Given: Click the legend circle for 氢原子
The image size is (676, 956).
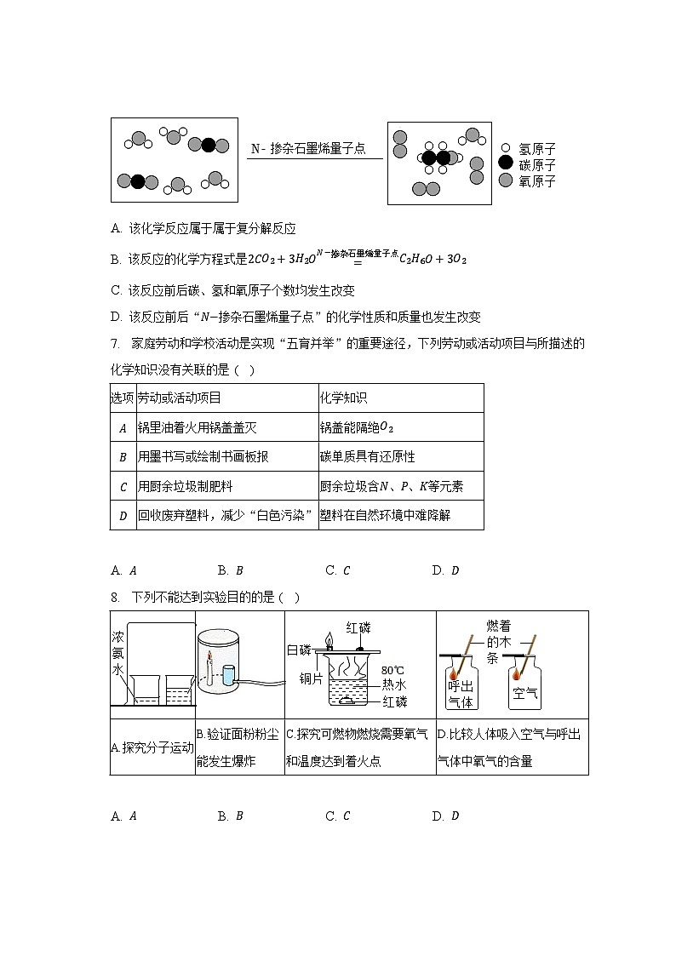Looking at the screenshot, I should coord(506,148).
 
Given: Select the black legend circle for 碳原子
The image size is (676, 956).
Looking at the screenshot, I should coord(506,163).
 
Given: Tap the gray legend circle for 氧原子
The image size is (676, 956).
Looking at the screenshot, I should coord(506,180).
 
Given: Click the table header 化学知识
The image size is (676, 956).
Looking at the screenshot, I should coord(343,398).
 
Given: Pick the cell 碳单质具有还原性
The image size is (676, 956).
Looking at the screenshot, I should coord(367,456).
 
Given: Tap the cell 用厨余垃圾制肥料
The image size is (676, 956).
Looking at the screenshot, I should coord(185,486).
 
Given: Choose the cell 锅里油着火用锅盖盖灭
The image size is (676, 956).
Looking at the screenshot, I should coord(197,427).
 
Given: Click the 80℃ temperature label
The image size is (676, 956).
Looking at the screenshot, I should coord(393,670).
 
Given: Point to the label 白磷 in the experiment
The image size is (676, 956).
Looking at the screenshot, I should coord(300,650).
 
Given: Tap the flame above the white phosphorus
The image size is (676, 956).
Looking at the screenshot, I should coord(328,638).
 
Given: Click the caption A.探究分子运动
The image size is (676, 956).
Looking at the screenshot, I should coord(152,747).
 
